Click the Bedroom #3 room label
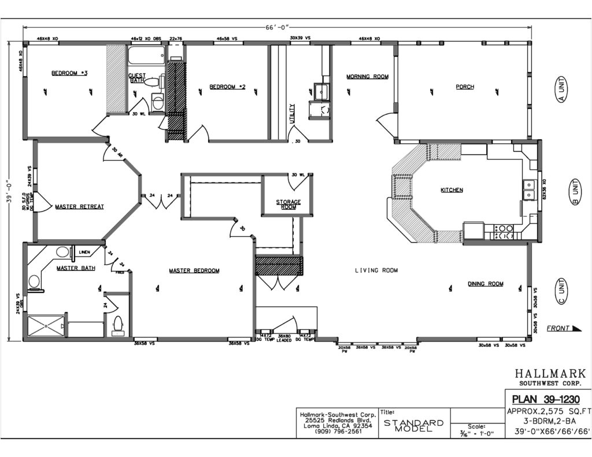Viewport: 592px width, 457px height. pos(69,73)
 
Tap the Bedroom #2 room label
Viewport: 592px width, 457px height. pos(227,87)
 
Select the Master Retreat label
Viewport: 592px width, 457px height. pos(79,206)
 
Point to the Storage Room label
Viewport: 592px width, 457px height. pos(288,204)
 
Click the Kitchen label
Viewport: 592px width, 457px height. pos(452,190)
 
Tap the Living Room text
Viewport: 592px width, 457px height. pos(376,270)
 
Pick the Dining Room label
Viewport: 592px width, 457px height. pos(485,284)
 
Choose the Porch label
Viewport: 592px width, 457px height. pos(464,87)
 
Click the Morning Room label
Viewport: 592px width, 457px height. pos(367,76)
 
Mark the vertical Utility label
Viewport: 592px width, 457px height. pos(293,114)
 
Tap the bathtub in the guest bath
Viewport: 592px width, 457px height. pos(146,56)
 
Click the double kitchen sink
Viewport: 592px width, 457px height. pos(528,190)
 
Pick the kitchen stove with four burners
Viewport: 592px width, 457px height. pos(503,232)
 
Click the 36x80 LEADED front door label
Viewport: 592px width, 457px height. pos(284,338)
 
